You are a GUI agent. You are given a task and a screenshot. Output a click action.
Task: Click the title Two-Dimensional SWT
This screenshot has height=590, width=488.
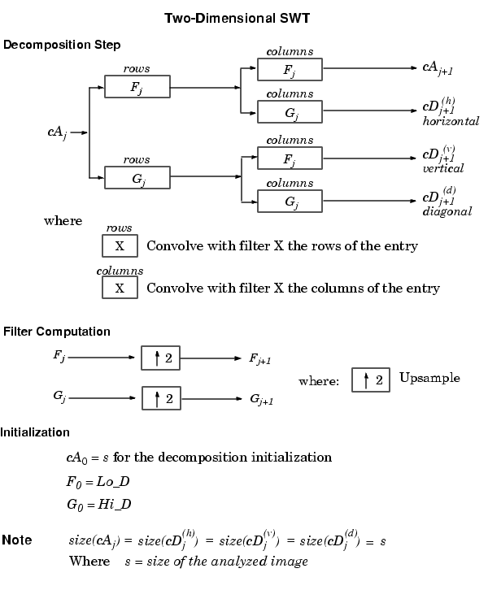pyautogui.click(x=237, y=18)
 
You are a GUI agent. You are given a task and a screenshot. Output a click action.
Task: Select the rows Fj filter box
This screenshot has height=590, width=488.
pyautogui.click(x=137, y=87)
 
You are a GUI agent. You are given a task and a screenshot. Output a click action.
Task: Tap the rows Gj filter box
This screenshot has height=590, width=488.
pyautogui.click(x=137, y=178)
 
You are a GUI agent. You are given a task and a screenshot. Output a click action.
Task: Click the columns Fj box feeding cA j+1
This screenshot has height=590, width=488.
pyautogui.click(x=290, y=69)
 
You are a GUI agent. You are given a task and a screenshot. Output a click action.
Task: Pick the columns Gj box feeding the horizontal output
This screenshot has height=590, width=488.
pyautogui.click(x=290, y=112)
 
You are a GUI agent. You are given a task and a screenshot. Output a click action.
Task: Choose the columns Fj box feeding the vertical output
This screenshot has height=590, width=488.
pyautogui.click(x=290, y=158)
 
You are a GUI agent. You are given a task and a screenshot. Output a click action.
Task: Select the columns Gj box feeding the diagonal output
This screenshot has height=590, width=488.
pyautogui.click(x=290, y=202)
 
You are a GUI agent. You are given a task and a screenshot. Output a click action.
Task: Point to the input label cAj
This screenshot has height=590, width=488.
pyautogui.click(x=57, y=132)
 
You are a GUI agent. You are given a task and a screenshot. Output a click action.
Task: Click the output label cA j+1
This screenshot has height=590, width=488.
pyautogui.click(x=438, y=68)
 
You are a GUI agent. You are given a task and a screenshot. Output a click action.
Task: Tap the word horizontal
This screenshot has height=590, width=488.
pyautogui.click(x=451, y=121)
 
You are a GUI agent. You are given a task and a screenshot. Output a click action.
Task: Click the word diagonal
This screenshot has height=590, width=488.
pyautogui.click(x=447, y=211)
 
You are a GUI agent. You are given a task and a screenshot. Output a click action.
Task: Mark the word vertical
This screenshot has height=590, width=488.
pyautogui.click(x=442, y=168)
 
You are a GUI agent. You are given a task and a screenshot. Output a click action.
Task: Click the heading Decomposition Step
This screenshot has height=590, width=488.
pyautogui.click(x=62, y=45)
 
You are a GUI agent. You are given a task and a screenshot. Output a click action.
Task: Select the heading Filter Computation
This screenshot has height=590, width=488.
pyautogui.click(x=57, y=332)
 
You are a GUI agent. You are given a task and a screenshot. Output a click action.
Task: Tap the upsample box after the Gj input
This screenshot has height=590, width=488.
pyautogui.click(x=161, y=398)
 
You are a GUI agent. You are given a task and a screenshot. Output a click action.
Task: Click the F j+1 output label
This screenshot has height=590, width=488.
pyautogui.click(x=259, y=358)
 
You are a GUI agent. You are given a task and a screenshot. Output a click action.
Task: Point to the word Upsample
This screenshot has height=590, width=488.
pyautogui.click(x=429, y=378)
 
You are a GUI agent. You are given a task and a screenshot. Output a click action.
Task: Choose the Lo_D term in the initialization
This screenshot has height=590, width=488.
pyautogui.click(x=113, y=482)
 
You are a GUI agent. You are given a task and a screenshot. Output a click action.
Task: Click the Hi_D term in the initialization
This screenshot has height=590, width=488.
pyautogui.click(x=115, y=504)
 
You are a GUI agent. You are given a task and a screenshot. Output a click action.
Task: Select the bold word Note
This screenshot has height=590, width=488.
pyautogui.click(x=17, y=540)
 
